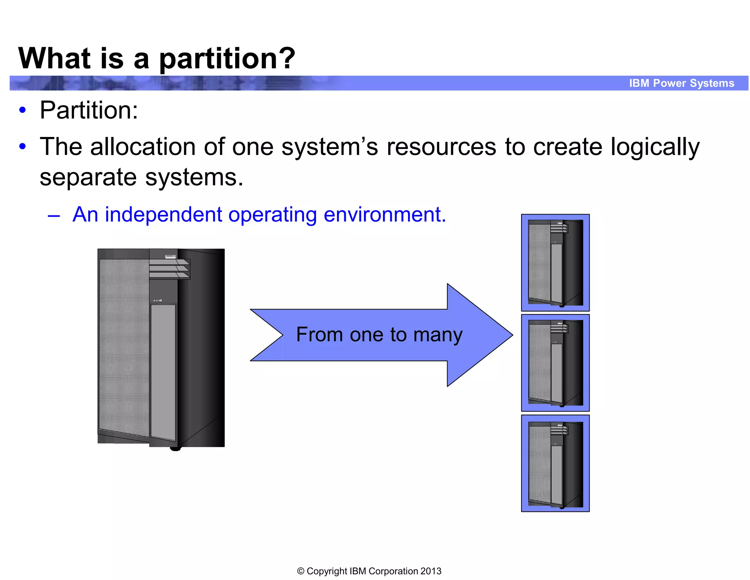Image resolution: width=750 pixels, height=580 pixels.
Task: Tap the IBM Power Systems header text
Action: coord(682,83)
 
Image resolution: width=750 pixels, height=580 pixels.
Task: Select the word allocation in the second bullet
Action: coord(142,147)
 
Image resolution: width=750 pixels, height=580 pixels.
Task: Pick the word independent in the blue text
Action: coord(163,215)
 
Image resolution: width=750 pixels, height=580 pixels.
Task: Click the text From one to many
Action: coord(379,335)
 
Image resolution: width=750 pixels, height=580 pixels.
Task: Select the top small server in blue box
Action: coord(555,263)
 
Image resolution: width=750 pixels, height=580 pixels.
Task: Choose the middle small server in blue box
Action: coord(555,363)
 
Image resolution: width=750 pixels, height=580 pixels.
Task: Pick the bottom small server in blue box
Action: coord(555,463)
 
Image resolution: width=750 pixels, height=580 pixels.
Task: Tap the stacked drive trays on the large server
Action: coord(170,269)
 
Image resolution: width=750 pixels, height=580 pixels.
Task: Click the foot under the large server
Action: coord(175,449)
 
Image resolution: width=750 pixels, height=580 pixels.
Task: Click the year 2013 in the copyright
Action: coord(431,571)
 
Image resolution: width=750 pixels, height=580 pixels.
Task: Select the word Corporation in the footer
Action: coord(393,571)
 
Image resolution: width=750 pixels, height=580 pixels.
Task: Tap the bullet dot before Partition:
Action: coord(23,110)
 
